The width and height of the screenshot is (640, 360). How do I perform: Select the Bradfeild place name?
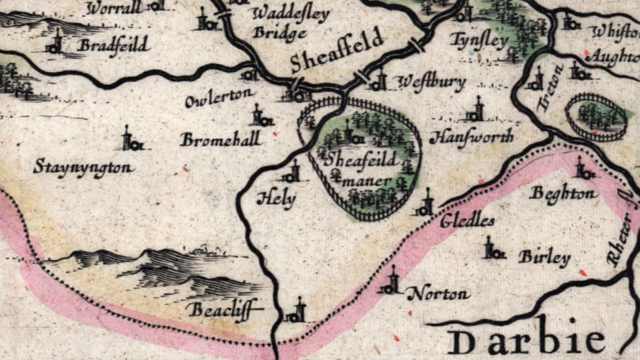click(x=113, y=45)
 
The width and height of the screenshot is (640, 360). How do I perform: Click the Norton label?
click(x=438, y=294)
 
